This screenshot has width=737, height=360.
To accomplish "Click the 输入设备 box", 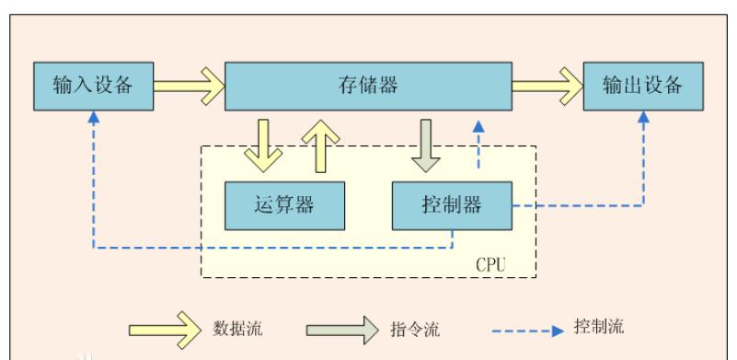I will click(x=92, y=87).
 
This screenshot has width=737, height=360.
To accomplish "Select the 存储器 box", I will click(x=368, y=87).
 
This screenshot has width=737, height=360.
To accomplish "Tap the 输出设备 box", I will click(x=642, y=87).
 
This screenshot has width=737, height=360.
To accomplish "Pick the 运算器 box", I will click(x=284, y=204).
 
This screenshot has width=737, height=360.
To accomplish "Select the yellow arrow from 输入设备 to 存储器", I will click(x=188, y=87).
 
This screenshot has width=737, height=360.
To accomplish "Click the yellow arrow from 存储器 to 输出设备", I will click(x=547, y=87).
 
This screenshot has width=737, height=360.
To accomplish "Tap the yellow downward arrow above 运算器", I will click(x=263, y=145).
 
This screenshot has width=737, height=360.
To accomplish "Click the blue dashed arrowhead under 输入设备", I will click(x=93, y=119).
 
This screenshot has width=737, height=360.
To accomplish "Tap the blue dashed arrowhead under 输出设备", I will click(x=642, y=119).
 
